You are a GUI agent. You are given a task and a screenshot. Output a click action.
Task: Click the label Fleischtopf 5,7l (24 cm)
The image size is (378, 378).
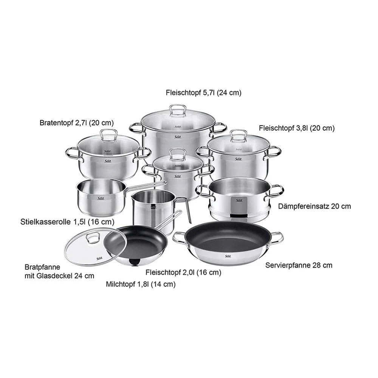[x=203, y=93]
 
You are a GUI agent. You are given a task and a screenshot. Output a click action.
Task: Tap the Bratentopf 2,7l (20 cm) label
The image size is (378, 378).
[x=76, y=123]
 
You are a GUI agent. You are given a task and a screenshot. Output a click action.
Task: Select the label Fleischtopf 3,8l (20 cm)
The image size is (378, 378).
[x=297, y=128]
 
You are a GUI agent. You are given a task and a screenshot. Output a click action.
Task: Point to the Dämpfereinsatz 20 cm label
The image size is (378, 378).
[x=314, y=206]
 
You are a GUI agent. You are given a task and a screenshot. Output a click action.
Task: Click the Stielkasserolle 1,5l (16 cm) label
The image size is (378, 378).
[x=67, y=222]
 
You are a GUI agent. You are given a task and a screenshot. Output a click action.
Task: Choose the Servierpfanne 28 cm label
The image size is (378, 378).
[x=299, y=265]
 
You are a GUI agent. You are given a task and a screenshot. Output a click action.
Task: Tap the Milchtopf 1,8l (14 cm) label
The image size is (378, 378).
[x=141, y=285]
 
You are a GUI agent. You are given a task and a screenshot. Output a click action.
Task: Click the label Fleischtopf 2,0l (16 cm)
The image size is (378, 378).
[x=183, y=273]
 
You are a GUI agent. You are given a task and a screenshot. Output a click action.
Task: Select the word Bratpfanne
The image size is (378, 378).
[x=42, y=267]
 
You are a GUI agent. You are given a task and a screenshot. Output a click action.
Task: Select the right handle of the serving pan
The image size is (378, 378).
[x=277, y=237]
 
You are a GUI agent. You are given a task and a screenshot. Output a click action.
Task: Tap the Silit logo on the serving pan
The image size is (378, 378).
[x=228, y=256]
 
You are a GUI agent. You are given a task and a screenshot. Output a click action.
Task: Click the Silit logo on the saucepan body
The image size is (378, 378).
[x=101, y=198]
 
